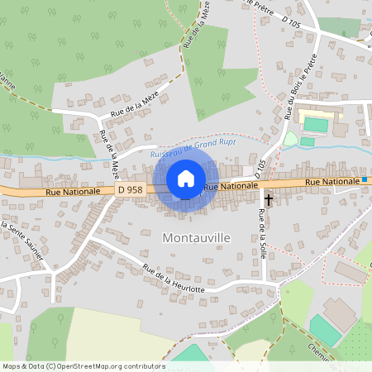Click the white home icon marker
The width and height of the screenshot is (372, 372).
(186, 178)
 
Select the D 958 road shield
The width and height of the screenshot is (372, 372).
(130, 190)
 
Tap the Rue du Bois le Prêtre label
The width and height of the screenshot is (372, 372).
(302, 88)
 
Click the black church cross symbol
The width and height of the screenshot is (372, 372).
(267, 199)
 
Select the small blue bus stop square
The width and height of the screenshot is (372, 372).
(364, 179)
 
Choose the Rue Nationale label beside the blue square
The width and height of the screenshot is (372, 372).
(331, 181)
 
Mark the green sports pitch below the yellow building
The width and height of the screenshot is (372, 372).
(315, 125)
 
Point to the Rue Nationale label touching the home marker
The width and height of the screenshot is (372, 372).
(227, 187)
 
